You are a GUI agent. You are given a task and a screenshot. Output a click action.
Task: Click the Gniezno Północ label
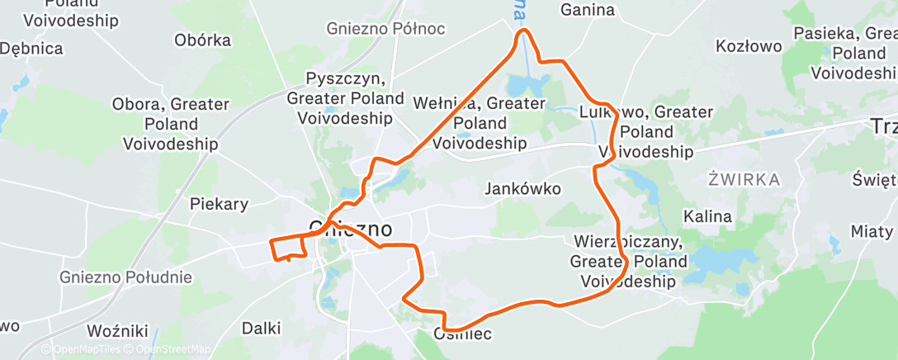click(x=385, y=29)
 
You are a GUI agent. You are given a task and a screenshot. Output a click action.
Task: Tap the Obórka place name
click(x=201, y=40)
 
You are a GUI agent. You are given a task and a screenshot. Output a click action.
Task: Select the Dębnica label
click(x=31, y=49)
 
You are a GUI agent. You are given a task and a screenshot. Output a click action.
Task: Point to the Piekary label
click(x=219, y=203)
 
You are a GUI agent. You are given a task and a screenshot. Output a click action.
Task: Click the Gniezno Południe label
click(x=125, y=277)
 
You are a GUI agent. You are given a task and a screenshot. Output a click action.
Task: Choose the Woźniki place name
click(x=116, y=331)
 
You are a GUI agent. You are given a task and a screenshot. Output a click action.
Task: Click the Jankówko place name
click(x=522, y=189)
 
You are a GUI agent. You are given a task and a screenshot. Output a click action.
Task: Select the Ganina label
click(x=588, y=10)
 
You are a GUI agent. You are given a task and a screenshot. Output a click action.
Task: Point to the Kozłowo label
click(x=749, y=46)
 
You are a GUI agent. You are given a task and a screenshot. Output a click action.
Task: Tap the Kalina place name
click(x=708, y=216)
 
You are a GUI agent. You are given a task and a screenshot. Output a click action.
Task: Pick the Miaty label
click(x=872, y=231)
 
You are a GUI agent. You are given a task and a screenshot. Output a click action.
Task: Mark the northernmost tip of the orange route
click(x=523, y=31)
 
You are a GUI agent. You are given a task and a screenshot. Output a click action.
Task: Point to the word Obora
click(x=135, y=105)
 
